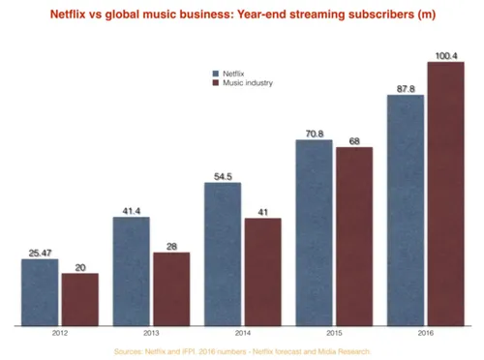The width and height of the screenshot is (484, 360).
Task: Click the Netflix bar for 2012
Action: (x=40, y=292)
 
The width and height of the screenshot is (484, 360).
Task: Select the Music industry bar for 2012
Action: (x=79, y=300)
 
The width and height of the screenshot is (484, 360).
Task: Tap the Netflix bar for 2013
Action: (x=132, y=271)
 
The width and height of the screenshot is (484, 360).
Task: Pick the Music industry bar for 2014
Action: (x=262, y=272)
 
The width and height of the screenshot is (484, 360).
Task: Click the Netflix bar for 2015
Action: (x=315, y=232)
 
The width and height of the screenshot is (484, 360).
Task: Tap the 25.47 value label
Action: (x=40, y=253)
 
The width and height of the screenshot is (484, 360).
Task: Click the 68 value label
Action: (x=353, y=141)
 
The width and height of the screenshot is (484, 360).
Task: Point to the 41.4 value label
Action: (x=132, y=210)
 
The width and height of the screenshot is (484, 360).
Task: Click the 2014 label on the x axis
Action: (x=242, y=334)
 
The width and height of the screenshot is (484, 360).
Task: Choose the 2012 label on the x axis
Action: (x=59, y=334)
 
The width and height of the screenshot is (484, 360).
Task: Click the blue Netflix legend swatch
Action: (x=215, y=74)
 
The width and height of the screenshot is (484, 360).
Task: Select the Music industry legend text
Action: (x=248, y=84)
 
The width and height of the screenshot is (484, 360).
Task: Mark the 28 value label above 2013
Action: (x=170, y=247)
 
